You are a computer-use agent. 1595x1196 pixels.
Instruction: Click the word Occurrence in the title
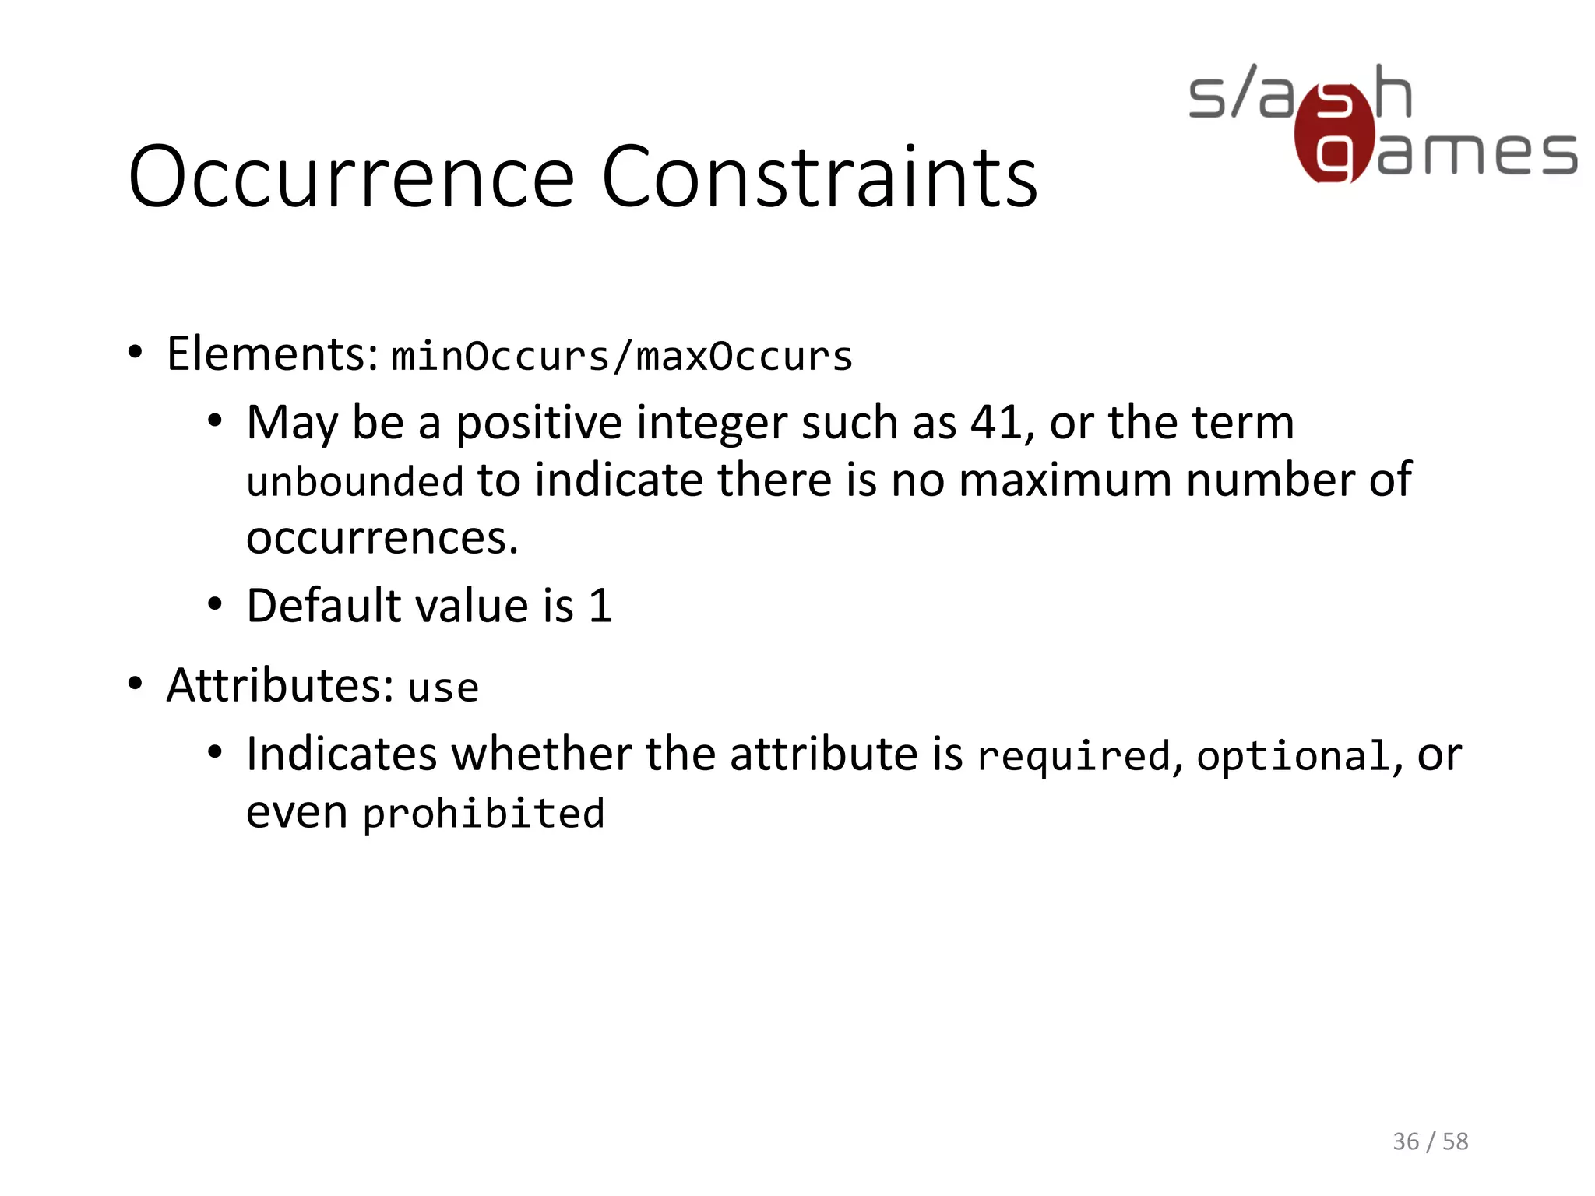click(351, 178)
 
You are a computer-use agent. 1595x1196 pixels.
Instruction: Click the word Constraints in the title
click(819, 178)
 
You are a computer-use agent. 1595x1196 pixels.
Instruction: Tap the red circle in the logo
click(1333, 134)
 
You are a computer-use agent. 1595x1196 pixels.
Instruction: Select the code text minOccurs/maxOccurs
click(621, 357)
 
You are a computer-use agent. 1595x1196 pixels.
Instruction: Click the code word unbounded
click(355, 481)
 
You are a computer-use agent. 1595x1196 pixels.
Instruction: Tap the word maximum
click(1065, 480)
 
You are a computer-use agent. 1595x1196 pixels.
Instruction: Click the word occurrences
click(382, 538)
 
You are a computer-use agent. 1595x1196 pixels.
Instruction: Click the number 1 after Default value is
click(600, 606)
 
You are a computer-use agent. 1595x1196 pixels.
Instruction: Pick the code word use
click(443, 688)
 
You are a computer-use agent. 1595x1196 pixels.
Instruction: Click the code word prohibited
click(484, 814)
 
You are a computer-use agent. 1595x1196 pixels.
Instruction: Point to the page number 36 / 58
click(1430, 1141)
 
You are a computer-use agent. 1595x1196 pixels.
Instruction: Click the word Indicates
click(342, 755)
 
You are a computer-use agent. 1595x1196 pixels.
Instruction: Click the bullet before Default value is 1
click(216, 604)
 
